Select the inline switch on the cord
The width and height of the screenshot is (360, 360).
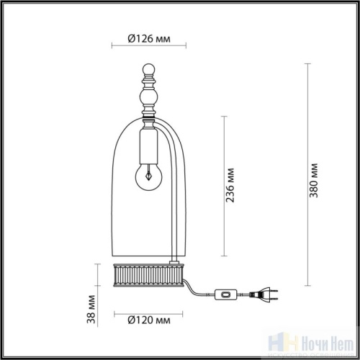[x=225, y=294]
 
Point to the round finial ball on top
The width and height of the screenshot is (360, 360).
[x=149, y=71]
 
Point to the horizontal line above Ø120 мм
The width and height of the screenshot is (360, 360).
[x=149, y=309]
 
